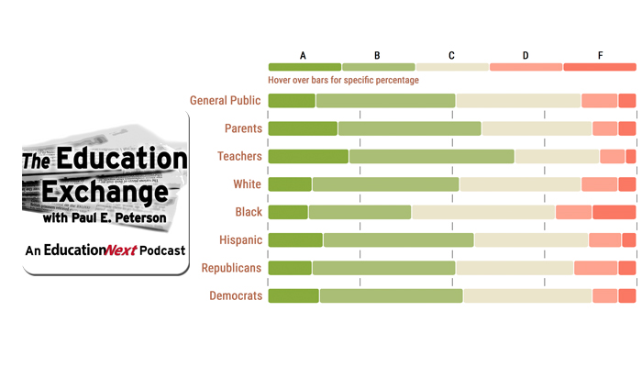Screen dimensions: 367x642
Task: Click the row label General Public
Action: (226, 101)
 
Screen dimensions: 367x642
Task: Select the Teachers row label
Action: (239, 156)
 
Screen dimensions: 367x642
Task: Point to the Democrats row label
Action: (236, 295)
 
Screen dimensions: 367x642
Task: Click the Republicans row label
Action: (232, 268)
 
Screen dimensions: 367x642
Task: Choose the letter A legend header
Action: (304, 56)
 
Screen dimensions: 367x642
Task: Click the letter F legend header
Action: (600, 56)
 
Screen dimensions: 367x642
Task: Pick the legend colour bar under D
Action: (526, 67)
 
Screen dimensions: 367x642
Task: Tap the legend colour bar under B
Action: (378, 67)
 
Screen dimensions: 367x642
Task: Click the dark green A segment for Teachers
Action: (308, 157)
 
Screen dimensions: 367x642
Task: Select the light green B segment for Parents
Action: (409, 128)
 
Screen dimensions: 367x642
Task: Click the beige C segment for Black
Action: (483, 213)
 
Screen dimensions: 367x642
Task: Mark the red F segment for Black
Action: (614, 213)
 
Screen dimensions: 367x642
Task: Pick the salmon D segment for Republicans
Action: (595, 268)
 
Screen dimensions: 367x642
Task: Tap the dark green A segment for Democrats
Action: (293, 295)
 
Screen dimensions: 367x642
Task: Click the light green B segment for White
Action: (385, 184)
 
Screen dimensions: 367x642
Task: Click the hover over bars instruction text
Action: (343, 80)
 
